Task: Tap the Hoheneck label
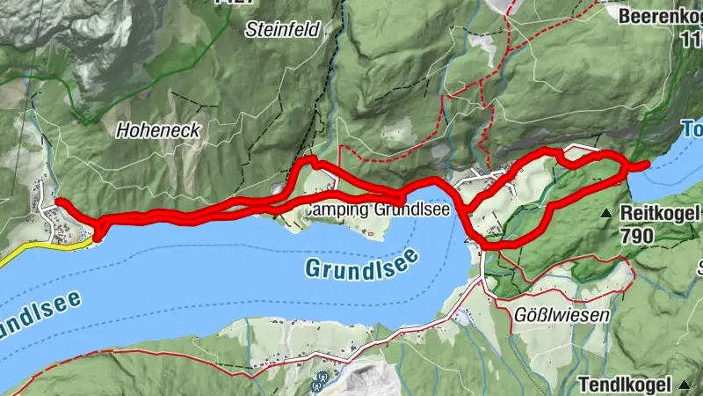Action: click(x=158, y=130)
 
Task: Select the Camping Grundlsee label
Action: click(x=378, y=211)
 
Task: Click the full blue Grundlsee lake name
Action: click(x=362, y=264)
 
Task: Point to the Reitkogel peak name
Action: click(x=659, y=213)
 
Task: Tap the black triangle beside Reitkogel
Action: click(x=606, y=214)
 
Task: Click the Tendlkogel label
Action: click(x=627, y=384)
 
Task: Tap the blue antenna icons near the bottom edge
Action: click(x=321, y=381)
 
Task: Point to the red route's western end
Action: click(x=60, y=202)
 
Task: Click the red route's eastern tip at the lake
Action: click(x=647, y=164)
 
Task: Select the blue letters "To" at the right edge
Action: click(x=691, y=130)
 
